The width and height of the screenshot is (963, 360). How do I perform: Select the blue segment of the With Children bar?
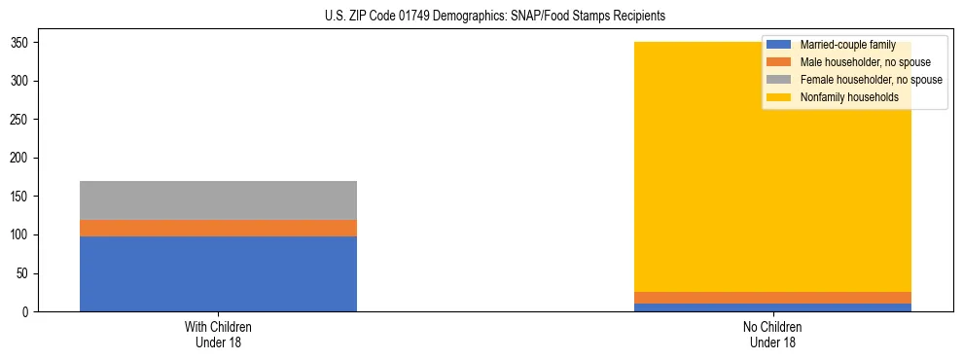click(218, 273)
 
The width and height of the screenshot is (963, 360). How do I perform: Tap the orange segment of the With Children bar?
click(218, 228)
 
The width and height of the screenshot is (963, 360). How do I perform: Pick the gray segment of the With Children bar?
click(218, 200)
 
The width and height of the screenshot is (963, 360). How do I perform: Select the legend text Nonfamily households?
click(842, 97)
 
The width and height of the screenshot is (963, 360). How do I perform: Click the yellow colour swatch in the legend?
click(779, 97)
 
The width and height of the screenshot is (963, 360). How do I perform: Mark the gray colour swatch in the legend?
click(779, 80)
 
